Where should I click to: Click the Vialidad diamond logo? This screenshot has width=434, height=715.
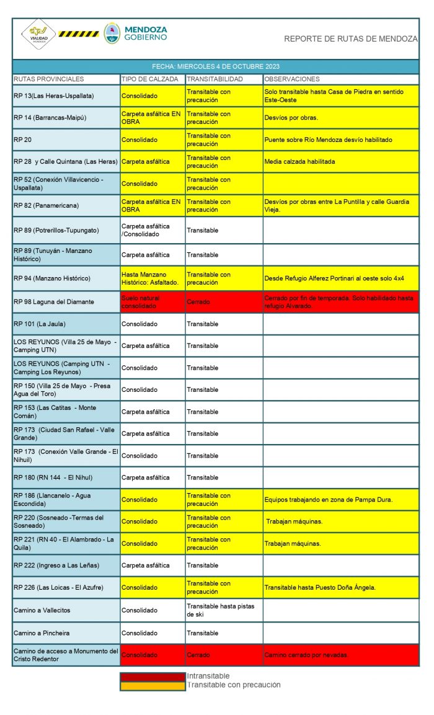[x=38, y=35]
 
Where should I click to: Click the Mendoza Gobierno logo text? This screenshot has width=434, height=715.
[x=146, y=33]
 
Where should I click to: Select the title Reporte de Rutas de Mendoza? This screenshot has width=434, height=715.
[x=350, y=39]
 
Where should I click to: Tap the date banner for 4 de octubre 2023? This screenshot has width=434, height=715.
[x=216, y=66]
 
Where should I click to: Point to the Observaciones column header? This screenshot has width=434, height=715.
[x=292, y=79]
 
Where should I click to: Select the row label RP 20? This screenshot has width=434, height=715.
[x=22, y=140]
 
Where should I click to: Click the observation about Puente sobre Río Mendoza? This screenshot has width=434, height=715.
[x=328, y=140]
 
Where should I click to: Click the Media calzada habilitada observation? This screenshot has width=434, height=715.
[x=299, y=162]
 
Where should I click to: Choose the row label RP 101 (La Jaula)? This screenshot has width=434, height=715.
[x=40, y=324]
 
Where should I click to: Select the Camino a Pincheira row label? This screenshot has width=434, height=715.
[x=42, y=633]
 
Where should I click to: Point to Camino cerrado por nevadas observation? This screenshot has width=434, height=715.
[x=306, y=655]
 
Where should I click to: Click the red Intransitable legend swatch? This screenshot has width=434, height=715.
[x=153, y=677]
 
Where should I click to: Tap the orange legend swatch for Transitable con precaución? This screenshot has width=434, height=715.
[x=153, y=685]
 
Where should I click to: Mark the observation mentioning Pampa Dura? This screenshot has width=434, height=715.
[x=328, y=499]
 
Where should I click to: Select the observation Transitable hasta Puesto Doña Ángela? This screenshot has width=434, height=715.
[x=329, y=587]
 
